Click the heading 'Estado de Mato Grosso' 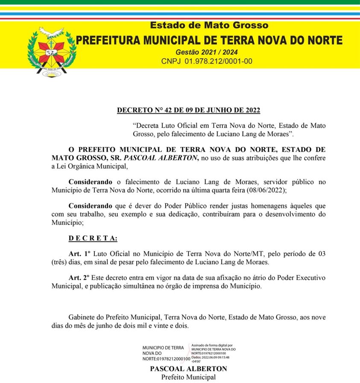point(209,26)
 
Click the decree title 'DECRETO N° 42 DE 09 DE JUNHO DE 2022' point(188,110)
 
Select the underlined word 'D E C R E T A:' point(93,238)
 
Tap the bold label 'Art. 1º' point(79,254)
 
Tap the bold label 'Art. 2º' point(79,278)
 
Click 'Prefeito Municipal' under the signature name point(188,377)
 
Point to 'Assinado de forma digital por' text point(212,345)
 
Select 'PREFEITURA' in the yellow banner point(107,41)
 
